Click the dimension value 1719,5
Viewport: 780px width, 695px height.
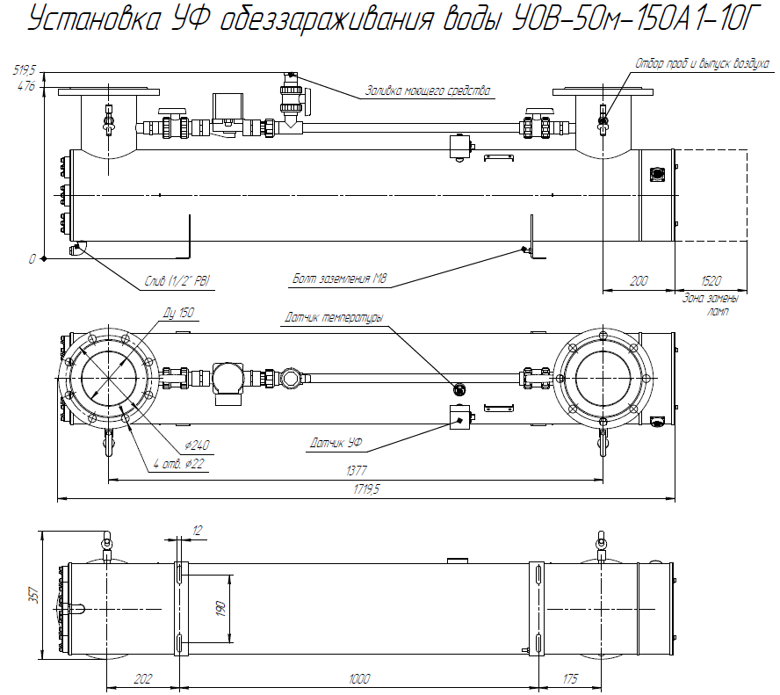365,490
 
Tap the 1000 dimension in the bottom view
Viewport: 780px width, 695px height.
358,679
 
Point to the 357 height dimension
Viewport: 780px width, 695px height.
33,594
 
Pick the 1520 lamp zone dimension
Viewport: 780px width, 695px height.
711,280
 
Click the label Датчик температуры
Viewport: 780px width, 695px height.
333,317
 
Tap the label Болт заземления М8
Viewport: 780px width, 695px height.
340,280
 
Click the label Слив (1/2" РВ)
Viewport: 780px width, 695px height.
179,281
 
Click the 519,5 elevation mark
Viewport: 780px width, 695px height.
24,69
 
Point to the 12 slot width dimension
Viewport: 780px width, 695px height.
197,531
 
